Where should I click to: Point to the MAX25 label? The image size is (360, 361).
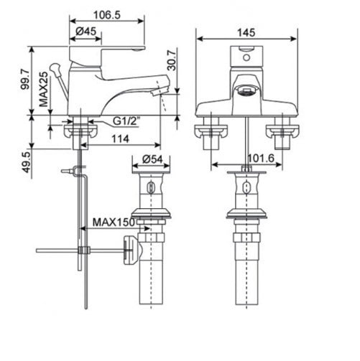(45, 89)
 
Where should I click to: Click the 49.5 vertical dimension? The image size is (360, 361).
(25, 161)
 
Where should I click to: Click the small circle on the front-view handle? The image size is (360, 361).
(246, 52)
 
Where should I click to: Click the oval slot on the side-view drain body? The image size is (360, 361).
(151, 189)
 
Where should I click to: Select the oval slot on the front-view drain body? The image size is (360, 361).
(246, 189)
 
